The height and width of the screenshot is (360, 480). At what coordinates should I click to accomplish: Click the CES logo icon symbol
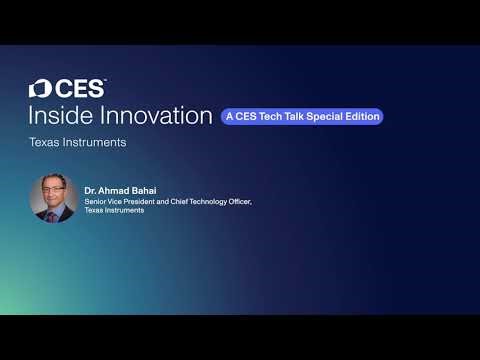point(38,89)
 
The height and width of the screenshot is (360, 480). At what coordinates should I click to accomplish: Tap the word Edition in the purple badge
point(362,117)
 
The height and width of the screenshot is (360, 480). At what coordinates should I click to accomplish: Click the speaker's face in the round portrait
point(53,190)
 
